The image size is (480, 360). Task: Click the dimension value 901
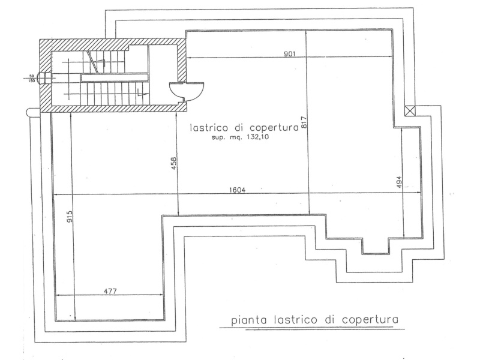tap(289, 54)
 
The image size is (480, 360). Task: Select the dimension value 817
tap(304, 123)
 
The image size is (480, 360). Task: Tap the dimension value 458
tap(173, 163)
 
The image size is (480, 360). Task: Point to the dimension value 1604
tap(237, 190)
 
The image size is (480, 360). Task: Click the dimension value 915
tap(70, 217)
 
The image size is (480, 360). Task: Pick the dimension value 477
tap(110, 291)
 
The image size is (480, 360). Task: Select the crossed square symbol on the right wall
tap(410, 110)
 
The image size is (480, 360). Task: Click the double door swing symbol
tap(187, 92)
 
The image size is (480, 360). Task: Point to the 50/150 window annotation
tap(32, 79)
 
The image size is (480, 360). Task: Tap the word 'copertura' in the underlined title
tap(370, 320)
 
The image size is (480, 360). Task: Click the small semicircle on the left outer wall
tap(31, 112)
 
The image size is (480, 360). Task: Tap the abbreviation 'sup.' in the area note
tap(218, 137)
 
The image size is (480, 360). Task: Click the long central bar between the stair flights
tap(114, 77)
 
